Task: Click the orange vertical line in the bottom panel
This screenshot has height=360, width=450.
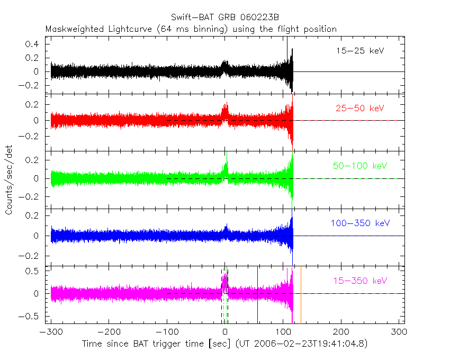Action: (x=301, y=294)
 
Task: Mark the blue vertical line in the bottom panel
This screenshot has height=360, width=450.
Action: (x=258, y=294)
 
